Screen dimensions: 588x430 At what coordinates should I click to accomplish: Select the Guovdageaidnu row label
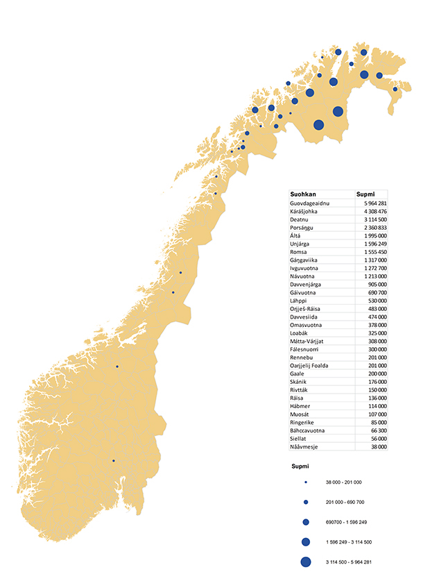[311, 203]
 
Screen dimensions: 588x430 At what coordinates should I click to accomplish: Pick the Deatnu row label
[300, 219]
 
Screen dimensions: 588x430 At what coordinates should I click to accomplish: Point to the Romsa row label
[300, 252]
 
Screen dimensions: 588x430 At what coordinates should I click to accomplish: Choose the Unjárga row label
[302, 244]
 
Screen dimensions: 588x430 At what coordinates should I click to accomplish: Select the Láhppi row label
[300, 301]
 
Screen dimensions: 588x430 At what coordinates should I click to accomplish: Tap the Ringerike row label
[303, 422]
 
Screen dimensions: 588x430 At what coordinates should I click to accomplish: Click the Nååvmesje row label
[305, 446]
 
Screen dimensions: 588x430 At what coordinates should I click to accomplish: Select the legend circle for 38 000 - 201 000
[304, 482]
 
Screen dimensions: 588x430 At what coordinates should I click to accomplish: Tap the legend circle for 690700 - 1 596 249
[304, 521]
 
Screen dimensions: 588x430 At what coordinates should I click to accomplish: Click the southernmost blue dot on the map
[114, 460]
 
